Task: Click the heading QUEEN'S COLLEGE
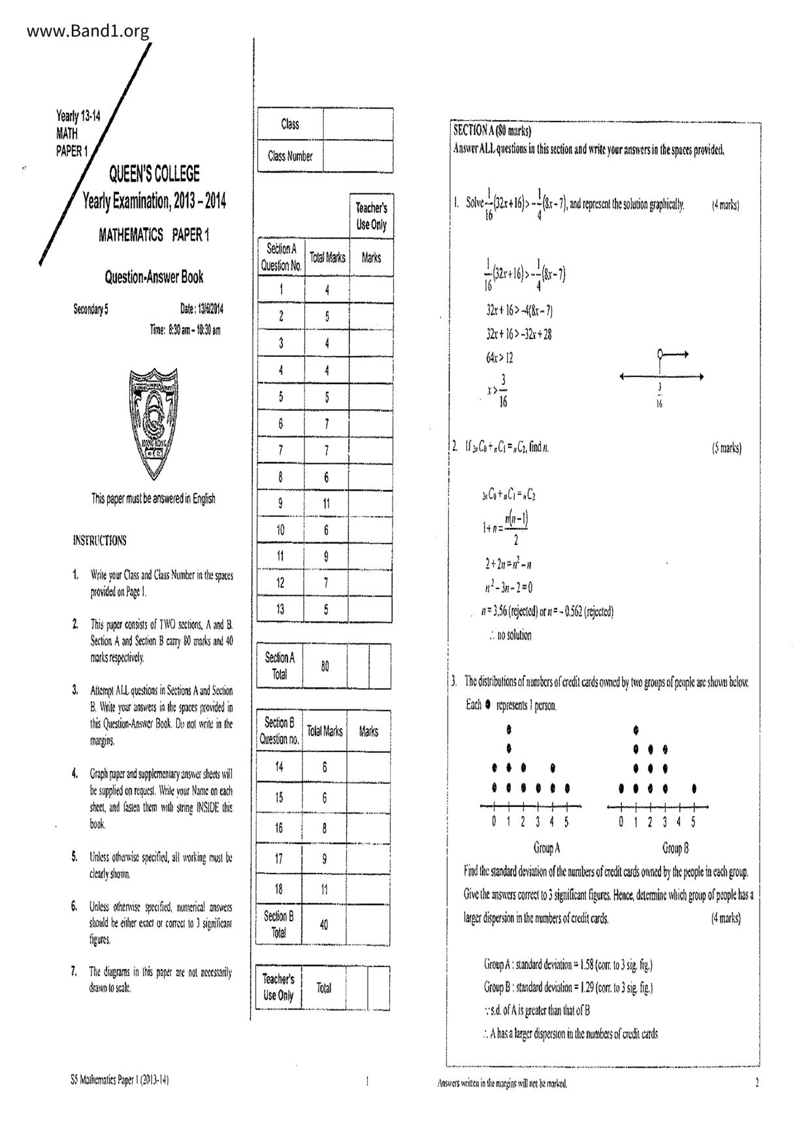(154, 174)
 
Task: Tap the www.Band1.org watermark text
(89, 31)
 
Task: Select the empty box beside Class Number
(358, 156)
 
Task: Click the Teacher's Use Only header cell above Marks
(370, 216)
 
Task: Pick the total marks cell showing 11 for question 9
(326, 503)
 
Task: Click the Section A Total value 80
(325, 666)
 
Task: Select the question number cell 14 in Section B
(280, 767)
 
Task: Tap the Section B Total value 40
(324, 925)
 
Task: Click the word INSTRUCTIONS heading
(100, 540)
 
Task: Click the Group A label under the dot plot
(547, 848)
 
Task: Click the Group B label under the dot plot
(675, 848)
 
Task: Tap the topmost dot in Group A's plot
(509, 729)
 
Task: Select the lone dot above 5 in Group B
(694, 789)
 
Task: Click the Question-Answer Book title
(154, 277)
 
